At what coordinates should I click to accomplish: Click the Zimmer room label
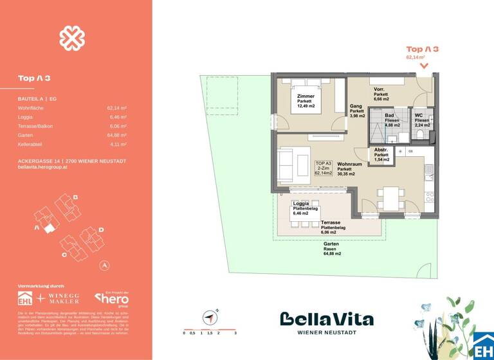pyautogui.click(x=306, y=101)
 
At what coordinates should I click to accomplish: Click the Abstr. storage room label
pyautogui.click(x=381, y=154)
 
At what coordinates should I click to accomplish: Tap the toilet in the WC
pyautogui.click(x=420, y=133)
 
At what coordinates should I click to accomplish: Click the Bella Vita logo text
pyautogui.click(x=326, y=319)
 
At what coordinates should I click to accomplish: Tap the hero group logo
pyautogui.click(x=112, y=298)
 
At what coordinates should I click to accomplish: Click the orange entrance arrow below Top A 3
pyautogui.click(x=423, y=66)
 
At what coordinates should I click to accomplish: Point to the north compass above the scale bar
pyautogui.click(x=210, y=316)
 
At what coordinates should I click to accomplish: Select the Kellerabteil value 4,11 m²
pyautogui.click(x=116, y=145)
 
